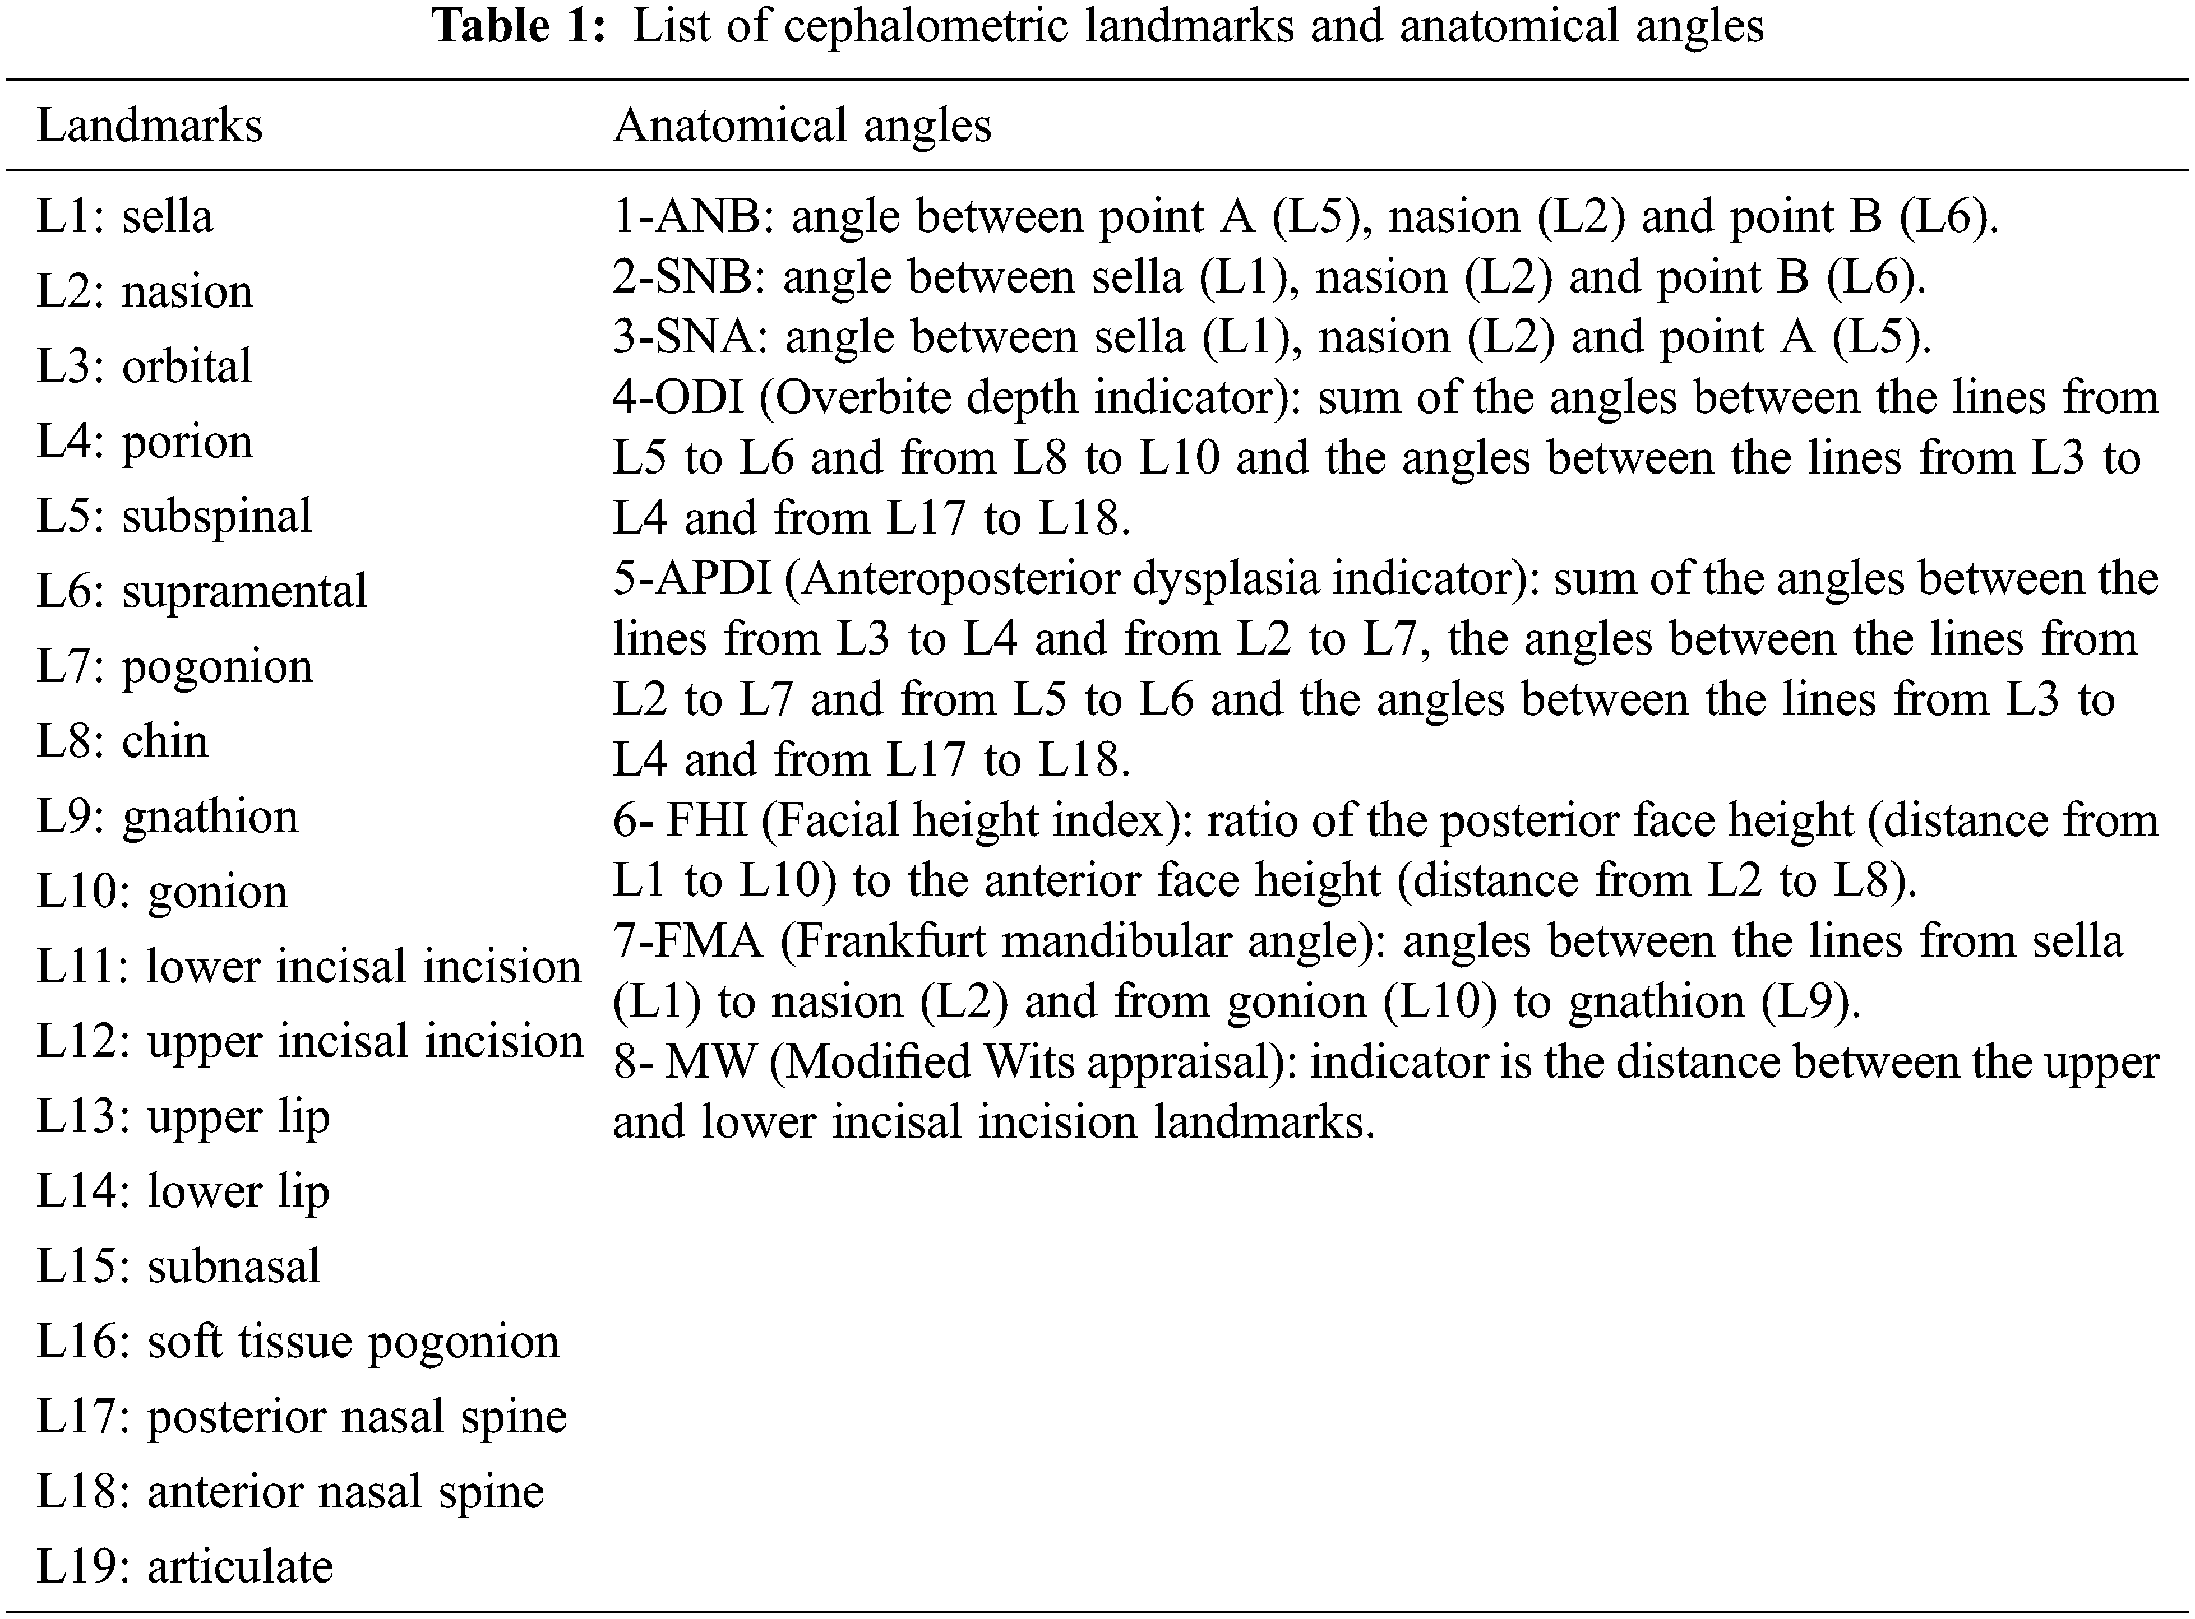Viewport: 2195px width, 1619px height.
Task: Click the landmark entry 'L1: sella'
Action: click(x=124, y=216)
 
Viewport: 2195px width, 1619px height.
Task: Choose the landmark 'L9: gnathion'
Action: click(x=168, y=817)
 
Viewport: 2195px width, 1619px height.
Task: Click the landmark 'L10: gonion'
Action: click(x=163, y=892)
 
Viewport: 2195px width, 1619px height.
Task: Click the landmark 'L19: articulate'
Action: click(x=185, y=1567)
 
